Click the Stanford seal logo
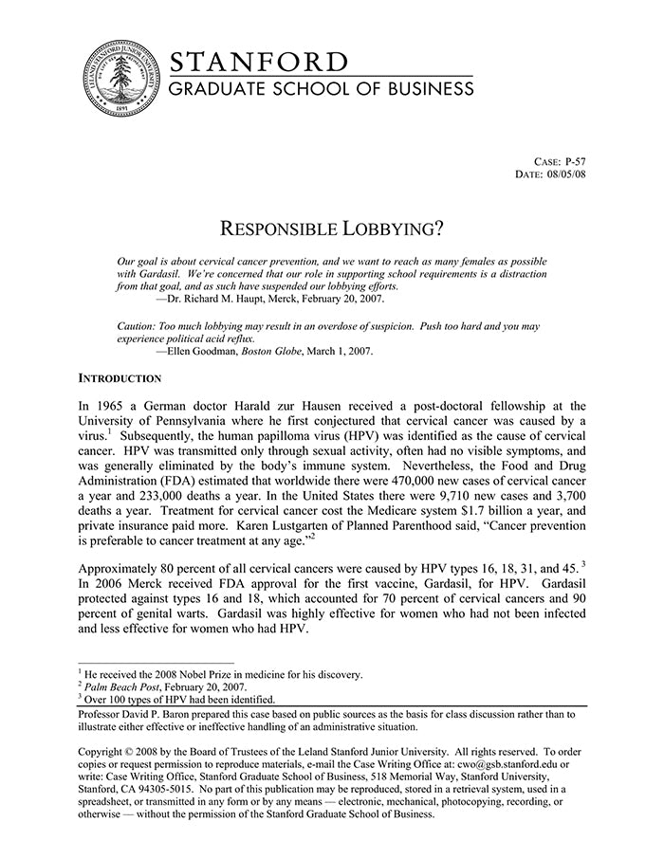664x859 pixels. pyautogui.click(x=120, y=81)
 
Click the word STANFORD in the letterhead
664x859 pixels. pyautogui.click(x=259, y=63)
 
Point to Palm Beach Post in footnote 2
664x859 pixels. pyautogui.click(x=120, y=687)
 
